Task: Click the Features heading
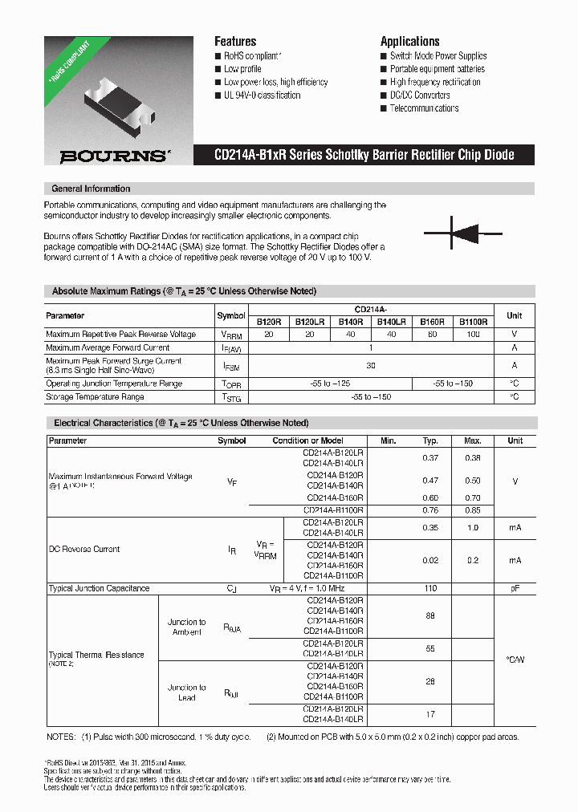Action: pyautogui.click(x=235, y=41)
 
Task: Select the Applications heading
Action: pyautogui.click(x=409, y=41)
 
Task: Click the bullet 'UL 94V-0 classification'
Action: pyautogui.click(x=262, y=95)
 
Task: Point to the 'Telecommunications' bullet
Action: pyautogui.click(x=424, y=108)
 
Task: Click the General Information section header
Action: pyautogui.click(x=91, y=189)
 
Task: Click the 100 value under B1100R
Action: pyautogui.click(x=473, y=334)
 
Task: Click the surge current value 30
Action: pyautogui.click(x=370, y=365)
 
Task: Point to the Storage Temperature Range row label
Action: pyautogui.click(x=96, y=396)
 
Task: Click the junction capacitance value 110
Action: pyautogui.click(x=430, y=588)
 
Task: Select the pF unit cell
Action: pyautogui.click(x=515, y=588)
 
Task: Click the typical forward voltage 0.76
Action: pyautogui.click(x=430, y=510)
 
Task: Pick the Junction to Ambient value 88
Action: pyautogui.click(x=430, y=615)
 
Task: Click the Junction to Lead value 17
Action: pyautogui.click(x=430, y=713)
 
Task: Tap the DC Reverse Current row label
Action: pyautogui.click(x=84, y=550)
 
